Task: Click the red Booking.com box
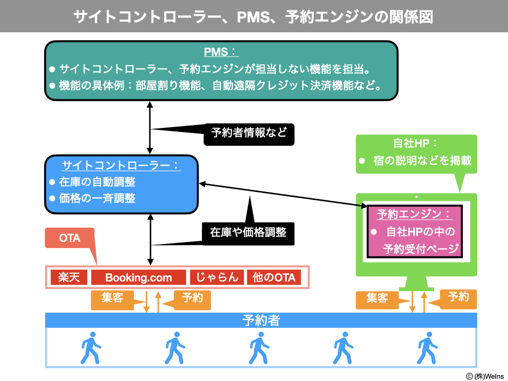pyautogui.click(x=138, y=277)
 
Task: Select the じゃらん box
pyautogui.click(x=217, y=277)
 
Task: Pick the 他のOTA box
pyautogui.click(x=274, y=277)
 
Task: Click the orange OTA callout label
pyautogui.click(x=69, y=238)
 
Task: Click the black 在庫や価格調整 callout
pyautogui.click(x=248, y=232)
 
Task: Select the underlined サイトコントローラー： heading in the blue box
pyautogui.click(x=121, y=165)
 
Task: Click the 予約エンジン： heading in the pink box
pyautogui.click(x=414, y=214)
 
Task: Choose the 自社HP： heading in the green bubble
pyautogui.click(x=415, y=143)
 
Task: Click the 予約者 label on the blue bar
pyautogui.click(x=261, y=320)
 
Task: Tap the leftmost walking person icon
pyautogui.click(x=90, y=348)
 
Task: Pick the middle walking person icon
pyautogui.click(x=258, y=348)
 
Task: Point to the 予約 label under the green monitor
pyautogui.click(x=458, y=297)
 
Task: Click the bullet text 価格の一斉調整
pyautogui.click(x=97, y=198)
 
